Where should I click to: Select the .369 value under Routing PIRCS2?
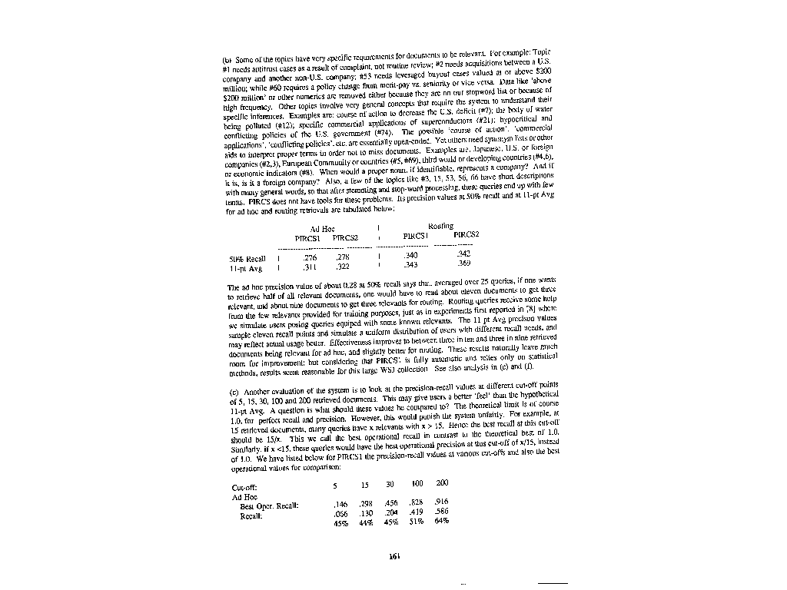(464, 264)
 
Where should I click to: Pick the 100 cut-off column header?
(417, 484)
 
